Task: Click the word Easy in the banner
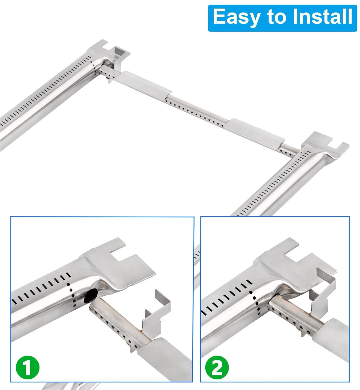(x=236, y=17)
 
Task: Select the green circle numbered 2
(x=217, y=367)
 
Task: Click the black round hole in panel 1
(x=92, y=295)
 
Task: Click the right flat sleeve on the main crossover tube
(x=256, y=131)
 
